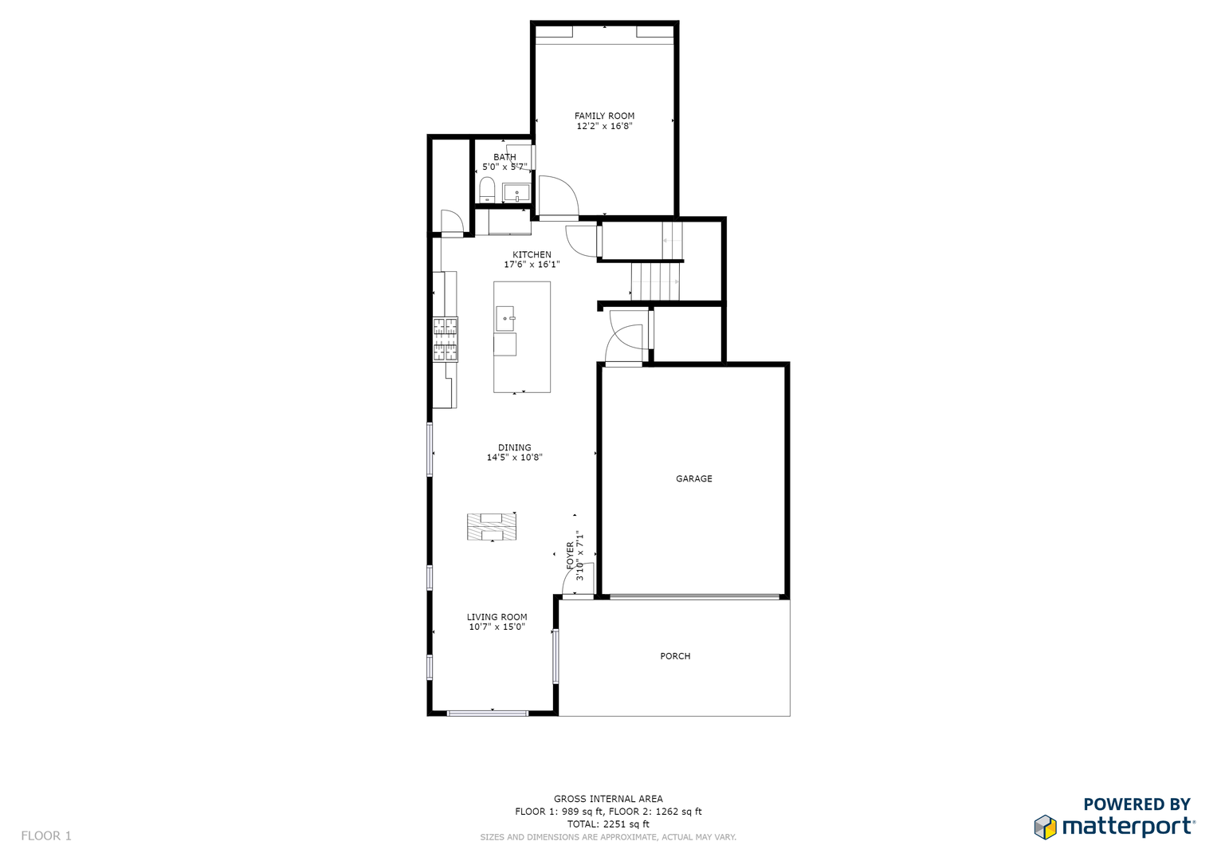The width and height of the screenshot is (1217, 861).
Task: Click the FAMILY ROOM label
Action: point(604,116)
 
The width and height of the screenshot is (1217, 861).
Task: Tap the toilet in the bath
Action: point(487,189)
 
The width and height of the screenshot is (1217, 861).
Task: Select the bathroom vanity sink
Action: point(516,193)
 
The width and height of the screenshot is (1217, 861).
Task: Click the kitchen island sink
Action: point(505,319)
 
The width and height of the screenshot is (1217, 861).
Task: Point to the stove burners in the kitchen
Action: point(446,340)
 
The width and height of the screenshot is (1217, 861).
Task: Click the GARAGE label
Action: point(694,479)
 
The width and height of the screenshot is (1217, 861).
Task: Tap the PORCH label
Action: point(675,656)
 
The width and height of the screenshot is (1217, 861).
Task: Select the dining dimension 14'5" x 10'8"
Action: point(515,458)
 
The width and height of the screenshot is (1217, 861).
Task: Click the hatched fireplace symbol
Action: point(492,526)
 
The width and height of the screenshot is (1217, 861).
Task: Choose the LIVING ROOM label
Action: point(497,617)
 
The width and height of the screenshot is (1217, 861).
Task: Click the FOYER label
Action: point(570,556)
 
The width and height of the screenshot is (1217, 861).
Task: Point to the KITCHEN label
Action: point(532,254)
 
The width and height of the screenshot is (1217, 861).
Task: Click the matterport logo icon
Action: point(1046,827)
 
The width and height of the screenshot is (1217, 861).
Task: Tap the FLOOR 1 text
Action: point(46,835)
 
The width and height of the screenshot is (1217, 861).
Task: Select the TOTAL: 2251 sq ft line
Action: point(609,824)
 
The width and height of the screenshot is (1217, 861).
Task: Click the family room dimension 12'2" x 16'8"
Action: point(604,126)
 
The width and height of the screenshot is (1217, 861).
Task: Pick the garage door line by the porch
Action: point(694,597)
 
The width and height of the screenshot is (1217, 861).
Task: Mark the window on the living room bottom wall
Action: point(487,714)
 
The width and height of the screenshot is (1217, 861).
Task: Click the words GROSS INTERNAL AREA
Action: point(609,799)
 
